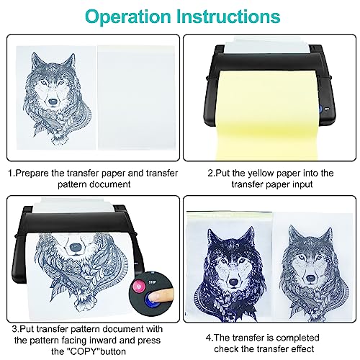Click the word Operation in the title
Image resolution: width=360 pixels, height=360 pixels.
click(128, 17)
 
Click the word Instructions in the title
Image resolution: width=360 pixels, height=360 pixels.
click(228, 17)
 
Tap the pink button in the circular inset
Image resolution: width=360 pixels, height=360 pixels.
click(139, 286)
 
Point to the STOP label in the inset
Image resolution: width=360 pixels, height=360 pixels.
click(153, 282)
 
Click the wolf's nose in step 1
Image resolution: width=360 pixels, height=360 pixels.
click(53, 102)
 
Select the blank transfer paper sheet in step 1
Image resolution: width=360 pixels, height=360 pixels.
click(136, 97)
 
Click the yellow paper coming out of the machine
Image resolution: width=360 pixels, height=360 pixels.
click(267, 115)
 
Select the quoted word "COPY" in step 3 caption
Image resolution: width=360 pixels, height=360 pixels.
click(83, 351)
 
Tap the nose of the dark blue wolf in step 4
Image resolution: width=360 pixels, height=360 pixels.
click(233, 282)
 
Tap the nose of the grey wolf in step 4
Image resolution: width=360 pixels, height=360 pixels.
click(311, 279)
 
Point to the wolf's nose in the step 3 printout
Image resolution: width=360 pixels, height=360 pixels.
click(76, 247)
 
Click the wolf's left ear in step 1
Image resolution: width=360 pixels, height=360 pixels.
click(36, 60)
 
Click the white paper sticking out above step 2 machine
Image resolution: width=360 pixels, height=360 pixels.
click(267, 45)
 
